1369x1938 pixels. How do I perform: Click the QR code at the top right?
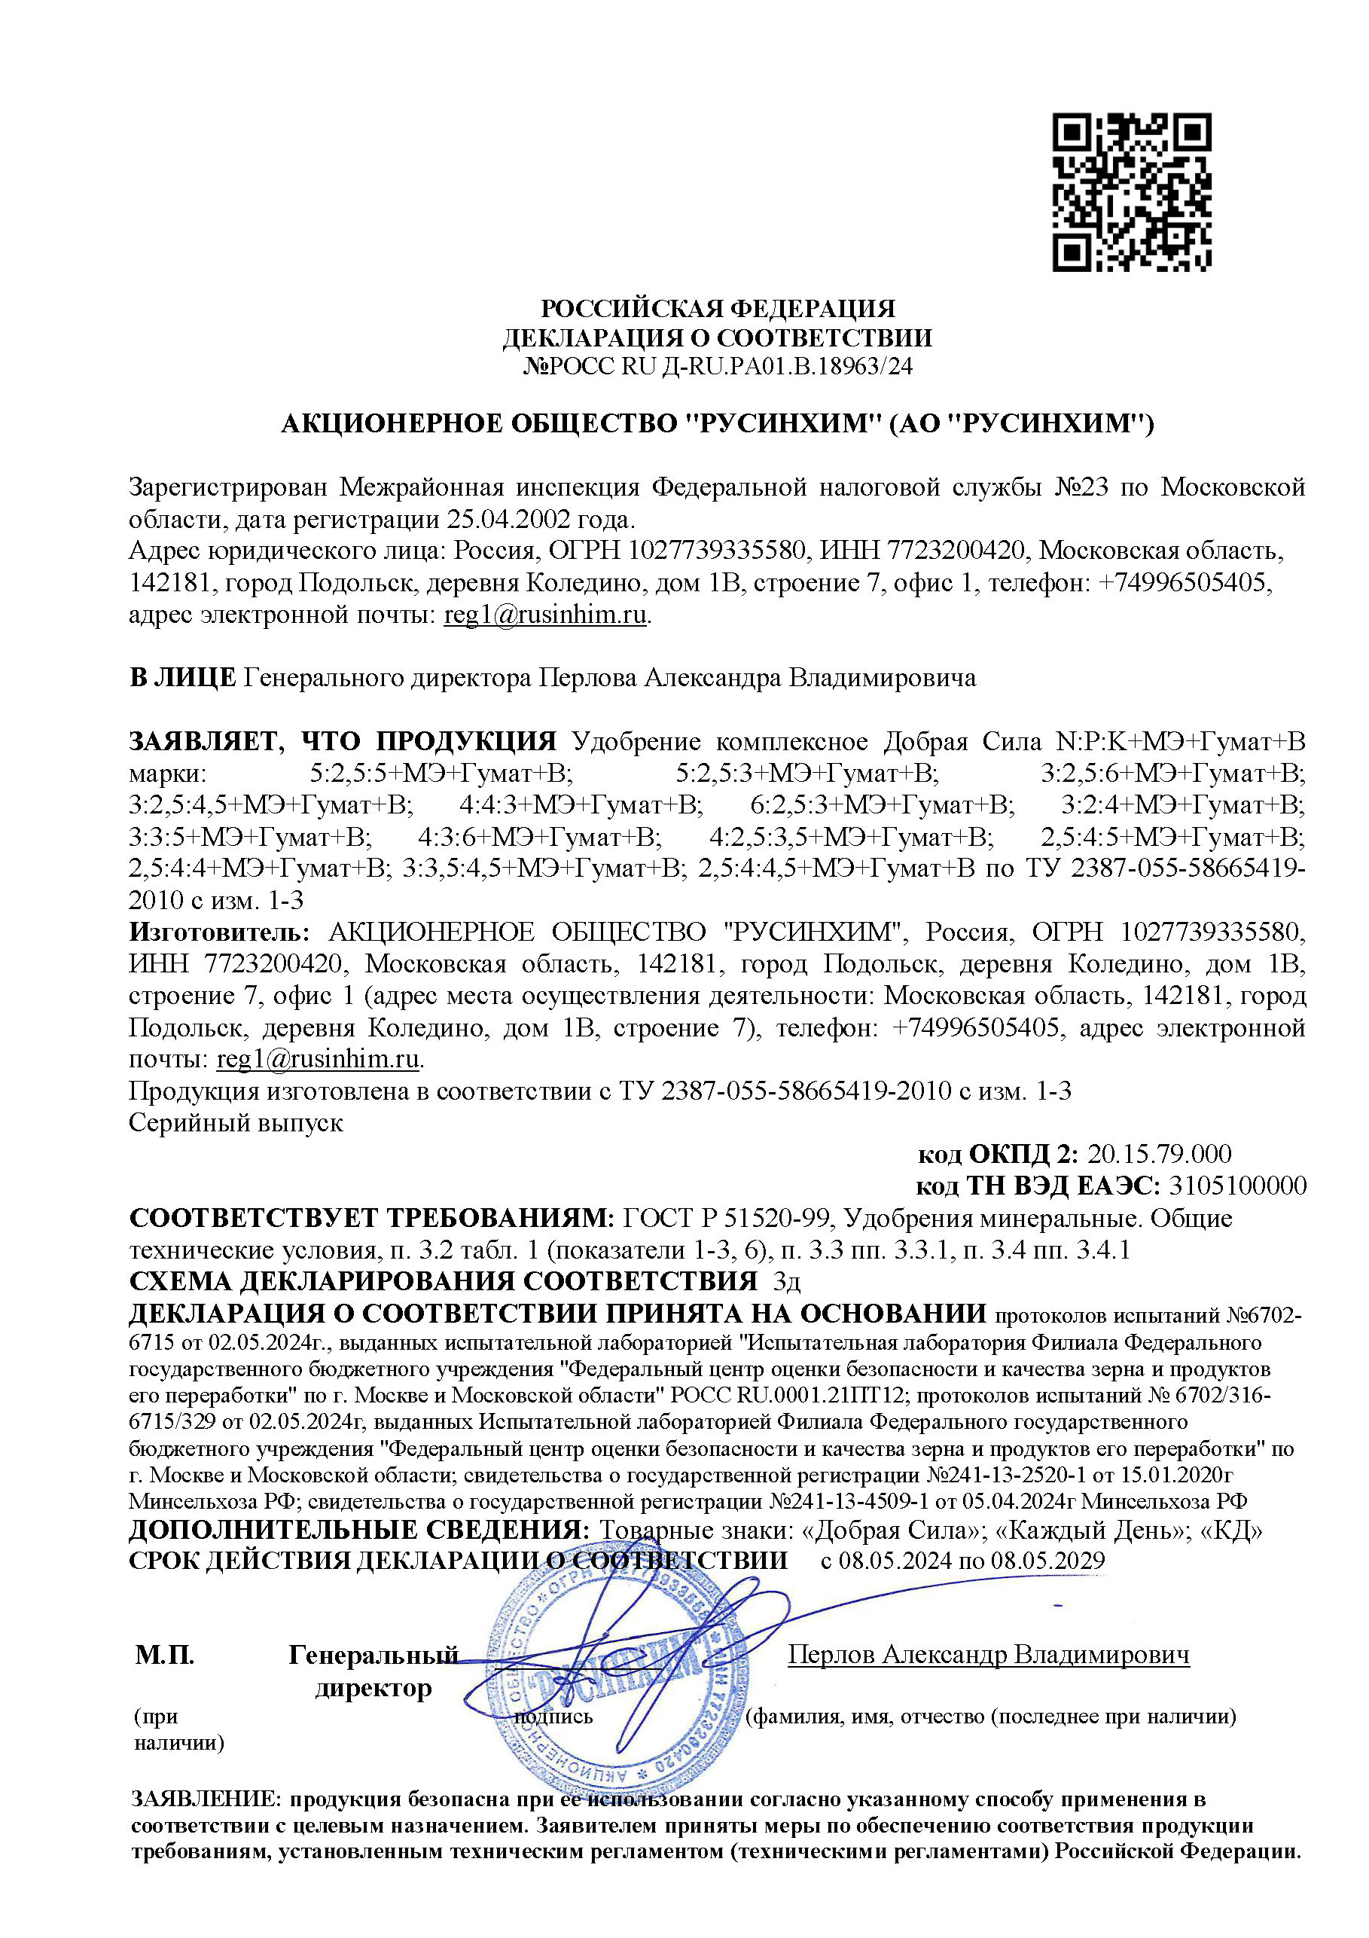(1131, 193)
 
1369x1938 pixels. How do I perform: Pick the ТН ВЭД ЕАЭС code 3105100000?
(1237, 1186)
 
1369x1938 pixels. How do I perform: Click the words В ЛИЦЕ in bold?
(182, 678)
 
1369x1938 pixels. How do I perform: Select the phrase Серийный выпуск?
(236, 1122)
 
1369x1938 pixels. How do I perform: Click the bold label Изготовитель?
(219, 932)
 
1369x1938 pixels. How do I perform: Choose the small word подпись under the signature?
(553, 1716)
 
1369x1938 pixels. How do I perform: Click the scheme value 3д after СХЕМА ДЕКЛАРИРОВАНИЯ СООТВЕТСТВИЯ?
(787, 1282)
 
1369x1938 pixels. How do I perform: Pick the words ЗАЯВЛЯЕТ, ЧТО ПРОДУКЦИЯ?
(342, 741)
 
